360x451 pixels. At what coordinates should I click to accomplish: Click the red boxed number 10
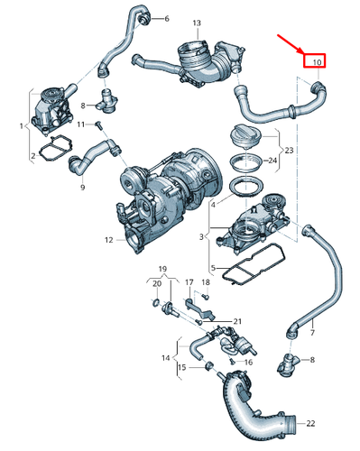316,61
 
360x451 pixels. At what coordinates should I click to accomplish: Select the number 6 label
165,18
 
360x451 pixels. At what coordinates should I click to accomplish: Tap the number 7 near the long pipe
312,334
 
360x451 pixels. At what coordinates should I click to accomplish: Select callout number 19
163,270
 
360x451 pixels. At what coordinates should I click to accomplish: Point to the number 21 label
237,321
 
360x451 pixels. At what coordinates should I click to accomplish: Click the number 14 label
164,358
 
